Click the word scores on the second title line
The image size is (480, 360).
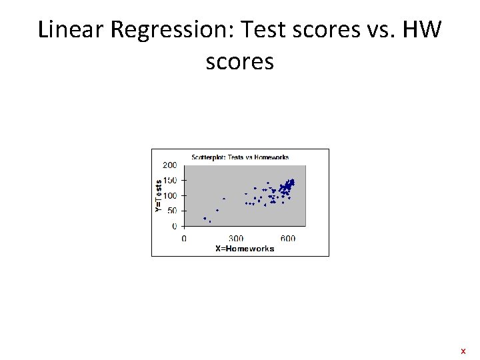click(x=240, y=62)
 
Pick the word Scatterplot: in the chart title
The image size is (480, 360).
click(x=209, y=157)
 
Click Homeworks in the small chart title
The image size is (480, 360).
click(x=271, y=157)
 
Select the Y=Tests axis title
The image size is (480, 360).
click(x=158, y=195)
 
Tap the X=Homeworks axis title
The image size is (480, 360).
click(x=245, y=249)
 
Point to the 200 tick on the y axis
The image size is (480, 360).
click(x=170, y=165)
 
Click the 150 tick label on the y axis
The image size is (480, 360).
click(x=170, y=180)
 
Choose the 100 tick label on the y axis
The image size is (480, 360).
click(x=170, y=195)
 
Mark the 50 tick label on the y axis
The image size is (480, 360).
click(x=172, y=211)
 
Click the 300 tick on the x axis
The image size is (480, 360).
click(x=236, y=238)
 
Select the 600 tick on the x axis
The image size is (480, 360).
click(x=288, y=238)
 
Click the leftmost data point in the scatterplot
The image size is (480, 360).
click(x=205, y=218)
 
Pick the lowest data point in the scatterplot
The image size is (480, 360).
click(x=210, y=221)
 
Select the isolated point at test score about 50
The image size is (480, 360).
click(x=217, y=211)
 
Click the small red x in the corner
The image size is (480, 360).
click(x=463, y=351)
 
